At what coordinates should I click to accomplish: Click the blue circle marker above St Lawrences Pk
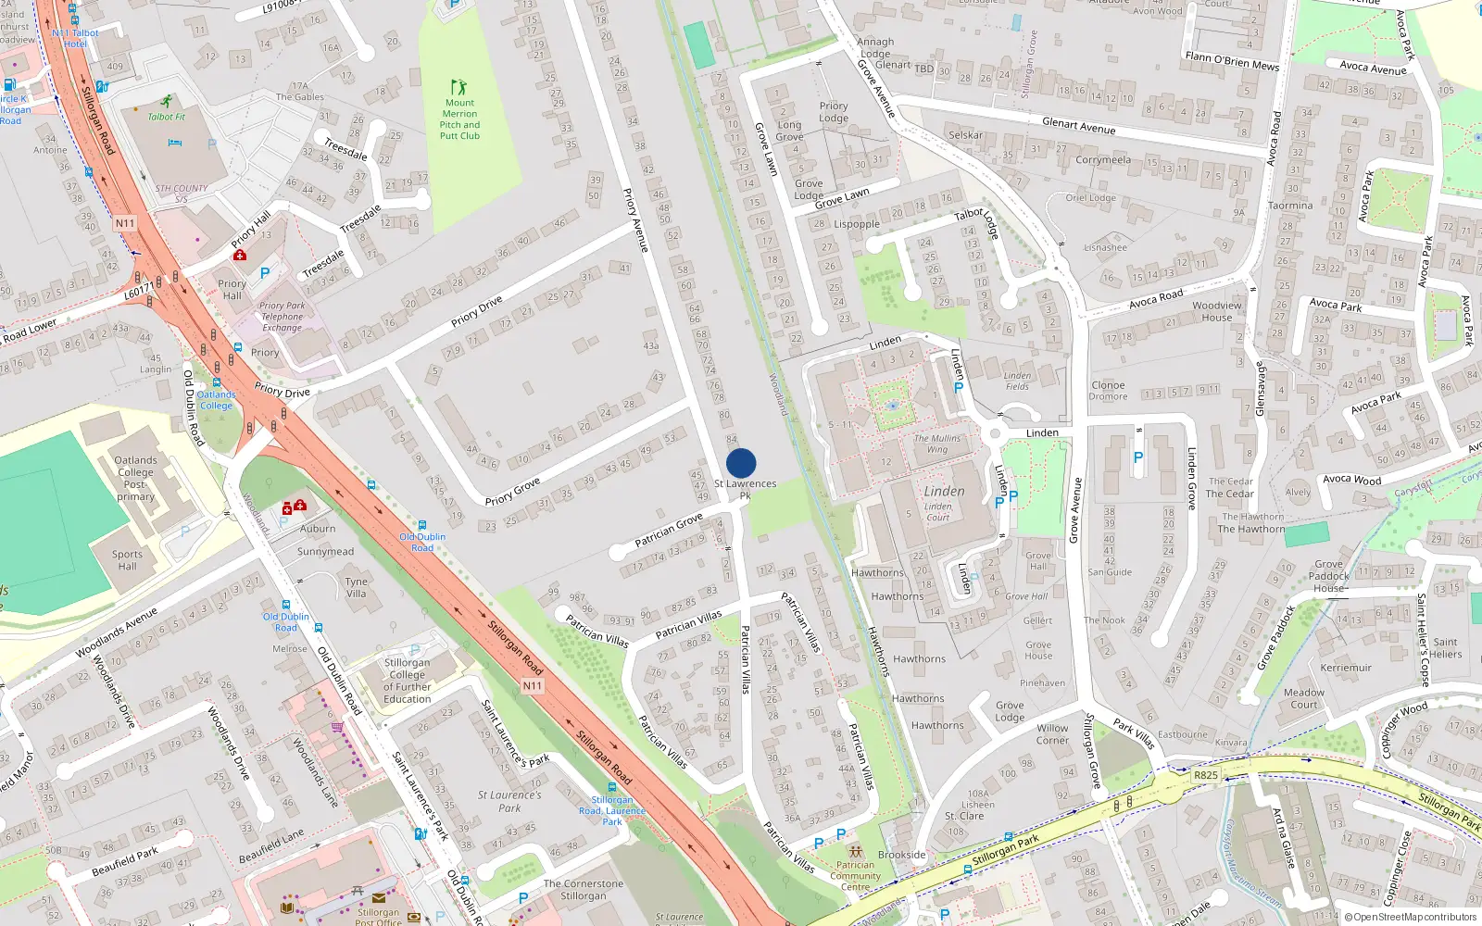(741, 463)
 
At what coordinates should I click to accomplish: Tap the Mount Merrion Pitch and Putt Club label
(459, 119)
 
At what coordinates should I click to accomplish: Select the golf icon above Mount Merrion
(458, 87)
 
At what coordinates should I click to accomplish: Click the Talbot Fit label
(167, 117)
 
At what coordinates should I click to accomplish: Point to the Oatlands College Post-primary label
(135, 478)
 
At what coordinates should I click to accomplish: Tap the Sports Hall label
(128, 560)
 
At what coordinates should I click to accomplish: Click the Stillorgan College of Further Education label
(407, 681)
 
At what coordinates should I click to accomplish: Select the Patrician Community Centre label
(855, 875)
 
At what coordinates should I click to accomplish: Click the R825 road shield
(1206, 775)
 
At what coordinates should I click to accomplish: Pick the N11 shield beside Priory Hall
(125, 223)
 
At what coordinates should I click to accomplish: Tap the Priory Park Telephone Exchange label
(282, 317)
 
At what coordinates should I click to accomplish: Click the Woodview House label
(1217, 311)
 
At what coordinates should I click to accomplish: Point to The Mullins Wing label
(937, 444)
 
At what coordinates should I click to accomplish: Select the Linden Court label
(938, 511)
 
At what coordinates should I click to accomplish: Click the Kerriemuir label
(1346, 668)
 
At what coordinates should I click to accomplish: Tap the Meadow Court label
(1304, 698)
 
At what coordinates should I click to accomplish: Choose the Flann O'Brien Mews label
(1232, 61)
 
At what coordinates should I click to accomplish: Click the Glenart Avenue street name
(1078, 126)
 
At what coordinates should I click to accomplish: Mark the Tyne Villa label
(357, 588)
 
